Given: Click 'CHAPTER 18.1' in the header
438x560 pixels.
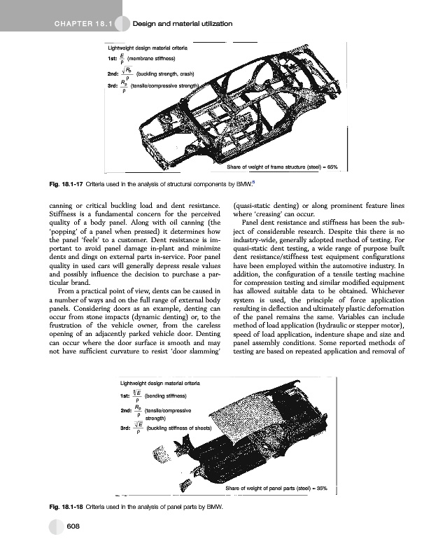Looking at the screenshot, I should click(80, 24).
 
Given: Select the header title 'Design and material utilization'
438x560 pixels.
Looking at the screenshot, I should click(183, 24).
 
